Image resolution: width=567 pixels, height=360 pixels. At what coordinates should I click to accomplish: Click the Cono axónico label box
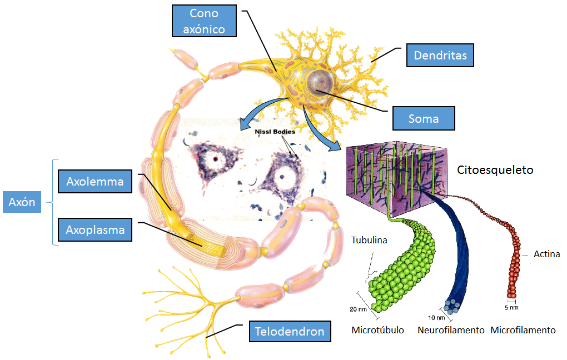[x=203, y=22]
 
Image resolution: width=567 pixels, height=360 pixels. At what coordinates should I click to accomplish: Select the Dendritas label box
[x=440, y=55]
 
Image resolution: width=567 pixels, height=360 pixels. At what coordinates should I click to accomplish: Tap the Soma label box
[x=424, y=118]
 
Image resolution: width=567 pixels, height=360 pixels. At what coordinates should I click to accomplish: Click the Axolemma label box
[x=94, y=181]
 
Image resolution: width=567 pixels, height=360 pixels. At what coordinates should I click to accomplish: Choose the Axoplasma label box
[x=94, y=229]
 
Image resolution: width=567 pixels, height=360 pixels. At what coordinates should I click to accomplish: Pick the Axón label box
[x=22, y=202]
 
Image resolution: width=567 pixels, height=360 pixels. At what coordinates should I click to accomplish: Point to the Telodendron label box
[x=289, y=332]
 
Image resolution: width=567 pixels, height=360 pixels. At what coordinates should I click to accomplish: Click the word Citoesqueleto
[x=495, y=170]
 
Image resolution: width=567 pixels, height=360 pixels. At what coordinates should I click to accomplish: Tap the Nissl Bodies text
[x=271, y=132]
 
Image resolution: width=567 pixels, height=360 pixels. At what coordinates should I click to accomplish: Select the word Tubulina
[x=368, y=241]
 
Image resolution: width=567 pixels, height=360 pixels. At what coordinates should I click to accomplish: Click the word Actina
[x=546, y=254]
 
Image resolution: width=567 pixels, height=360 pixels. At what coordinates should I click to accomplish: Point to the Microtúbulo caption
[x=378, y=331]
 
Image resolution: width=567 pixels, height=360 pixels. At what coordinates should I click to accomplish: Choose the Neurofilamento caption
[x=451, y=331]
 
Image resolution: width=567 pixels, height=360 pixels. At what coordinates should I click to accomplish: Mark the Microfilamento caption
[x=523, y=331]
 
